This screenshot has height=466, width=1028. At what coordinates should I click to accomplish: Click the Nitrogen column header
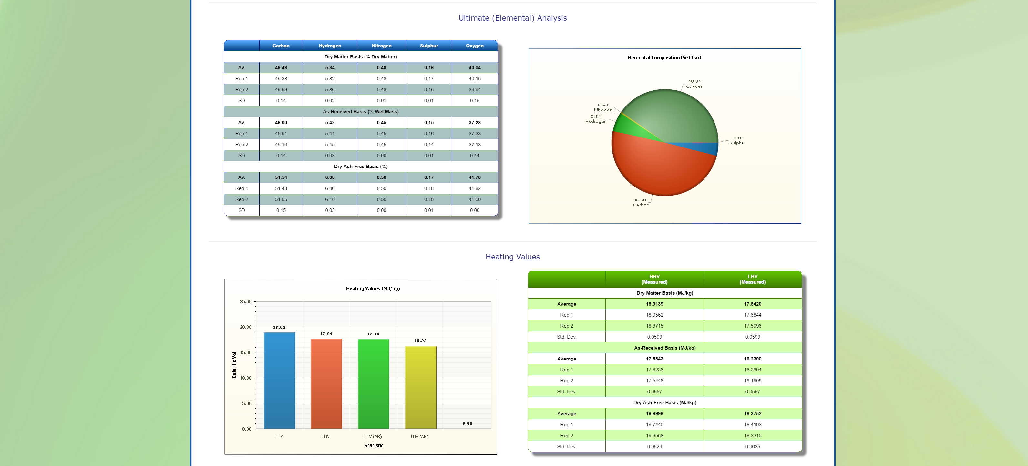coord(381,46)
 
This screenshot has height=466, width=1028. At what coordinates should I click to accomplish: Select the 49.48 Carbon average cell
coord(281,68)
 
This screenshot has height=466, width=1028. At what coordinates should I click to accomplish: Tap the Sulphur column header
coord(428,46)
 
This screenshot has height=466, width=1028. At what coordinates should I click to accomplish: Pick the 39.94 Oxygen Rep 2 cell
coord(475,90)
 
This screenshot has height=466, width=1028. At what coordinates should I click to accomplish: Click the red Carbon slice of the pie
coord(658,167)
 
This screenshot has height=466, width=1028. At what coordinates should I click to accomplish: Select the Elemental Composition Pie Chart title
coord(664,58)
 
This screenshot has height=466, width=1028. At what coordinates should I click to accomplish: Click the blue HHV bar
coord(279,379)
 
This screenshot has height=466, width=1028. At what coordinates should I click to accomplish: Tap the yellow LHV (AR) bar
coord(420,387)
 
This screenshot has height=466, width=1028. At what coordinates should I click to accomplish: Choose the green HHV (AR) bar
coord(373,383)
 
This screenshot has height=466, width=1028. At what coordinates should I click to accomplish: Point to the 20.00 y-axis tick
coord(245,327)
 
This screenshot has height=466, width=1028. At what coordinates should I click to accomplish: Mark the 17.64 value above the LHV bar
coord(326,334)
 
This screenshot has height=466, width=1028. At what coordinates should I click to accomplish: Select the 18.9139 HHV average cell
coord(654,304)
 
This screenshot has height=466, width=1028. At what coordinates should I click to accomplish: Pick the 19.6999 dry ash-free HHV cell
coord(654,414)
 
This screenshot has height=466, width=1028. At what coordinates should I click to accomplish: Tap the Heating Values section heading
coord(512,257)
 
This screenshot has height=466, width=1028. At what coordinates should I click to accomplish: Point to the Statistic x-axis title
coord(374,446)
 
